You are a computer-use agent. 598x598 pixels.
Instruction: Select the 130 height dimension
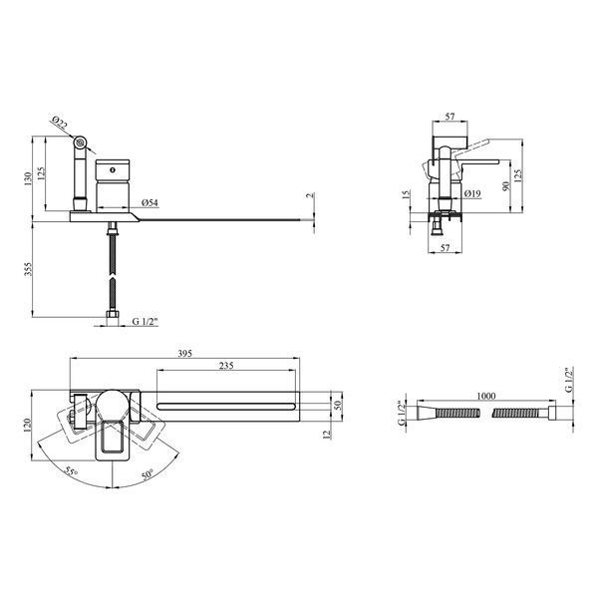[28, 178]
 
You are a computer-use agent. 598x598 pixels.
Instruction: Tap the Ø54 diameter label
[149, 203]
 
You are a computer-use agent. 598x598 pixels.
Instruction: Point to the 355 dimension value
[28, 269]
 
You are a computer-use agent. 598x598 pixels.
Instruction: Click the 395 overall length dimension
[185, 354]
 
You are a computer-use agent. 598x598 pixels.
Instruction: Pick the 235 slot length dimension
[226, 366]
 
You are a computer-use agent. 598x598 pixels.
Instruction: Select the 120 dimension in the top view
[27, 426]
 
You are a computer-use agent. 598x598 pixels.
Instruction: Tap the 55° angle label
[71, 471]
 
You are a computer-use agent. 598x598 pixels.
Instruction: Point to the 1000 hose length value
[486, 396]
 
